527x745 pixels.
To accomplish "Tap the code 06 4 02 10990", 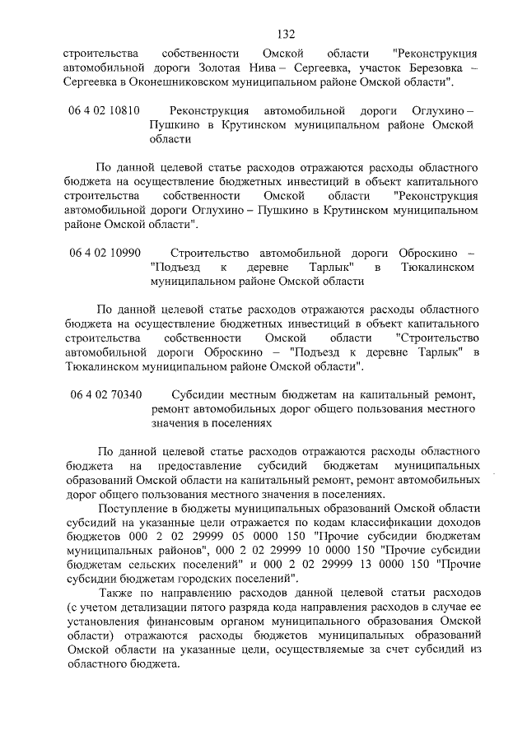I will (x=105, y=252).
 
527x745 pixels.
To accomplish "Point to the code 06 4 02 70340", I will (x=105, y=393).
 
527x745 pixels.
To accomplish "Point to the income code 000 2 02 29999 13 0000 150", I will (x=349, y=565).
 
